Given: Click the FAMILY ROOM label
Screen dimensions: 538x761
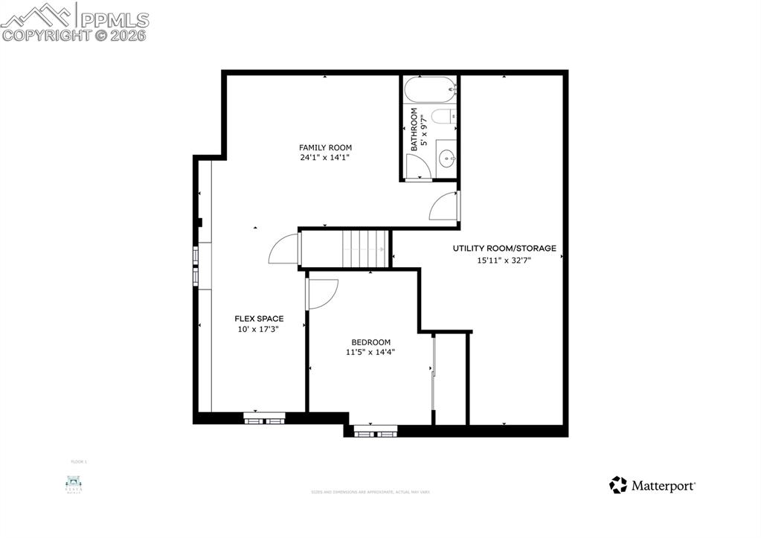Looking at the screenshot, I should coord(325,147).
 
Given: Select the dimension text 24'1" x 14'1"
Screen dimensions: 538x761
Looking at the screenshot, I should coord(325,158).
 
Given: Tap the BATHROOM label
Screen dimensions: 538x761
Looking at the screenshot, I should coord(414,130).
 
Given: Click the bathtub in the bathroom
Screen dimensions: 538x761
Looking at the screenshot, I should coord(429,90).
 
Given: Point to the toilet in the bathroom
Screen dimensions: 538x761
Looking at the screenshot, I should coord(443,118).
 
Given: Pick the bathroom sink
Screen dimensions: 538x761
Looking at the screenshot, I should coord(446,158).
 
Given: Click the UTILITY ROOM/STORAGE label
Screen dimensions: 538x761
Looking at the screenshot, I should coord(504,249).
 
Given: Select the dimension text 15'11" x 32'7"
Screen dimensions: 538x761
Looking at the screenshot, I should coord(504,260).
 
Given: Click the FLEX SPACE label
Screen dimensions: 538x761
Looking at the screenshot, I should coord(259,318).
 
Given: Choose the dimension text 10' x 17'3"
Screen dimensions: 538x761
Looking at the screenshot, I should coord(259,330).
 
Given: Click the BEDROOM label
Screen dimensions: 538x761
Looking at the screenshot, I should coord(370,342).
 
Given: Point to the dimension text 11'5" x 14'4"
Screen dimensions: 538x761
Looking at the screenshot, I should coord(370,353).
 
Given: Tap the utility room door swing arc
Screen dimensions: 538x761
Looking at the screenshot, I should coord(444,205).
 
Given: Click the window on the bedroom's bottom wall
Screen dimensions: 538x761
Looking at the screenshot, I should coord(375,430).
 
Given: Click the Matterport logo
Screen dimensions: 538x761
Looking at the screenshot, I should coord(652,486).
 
